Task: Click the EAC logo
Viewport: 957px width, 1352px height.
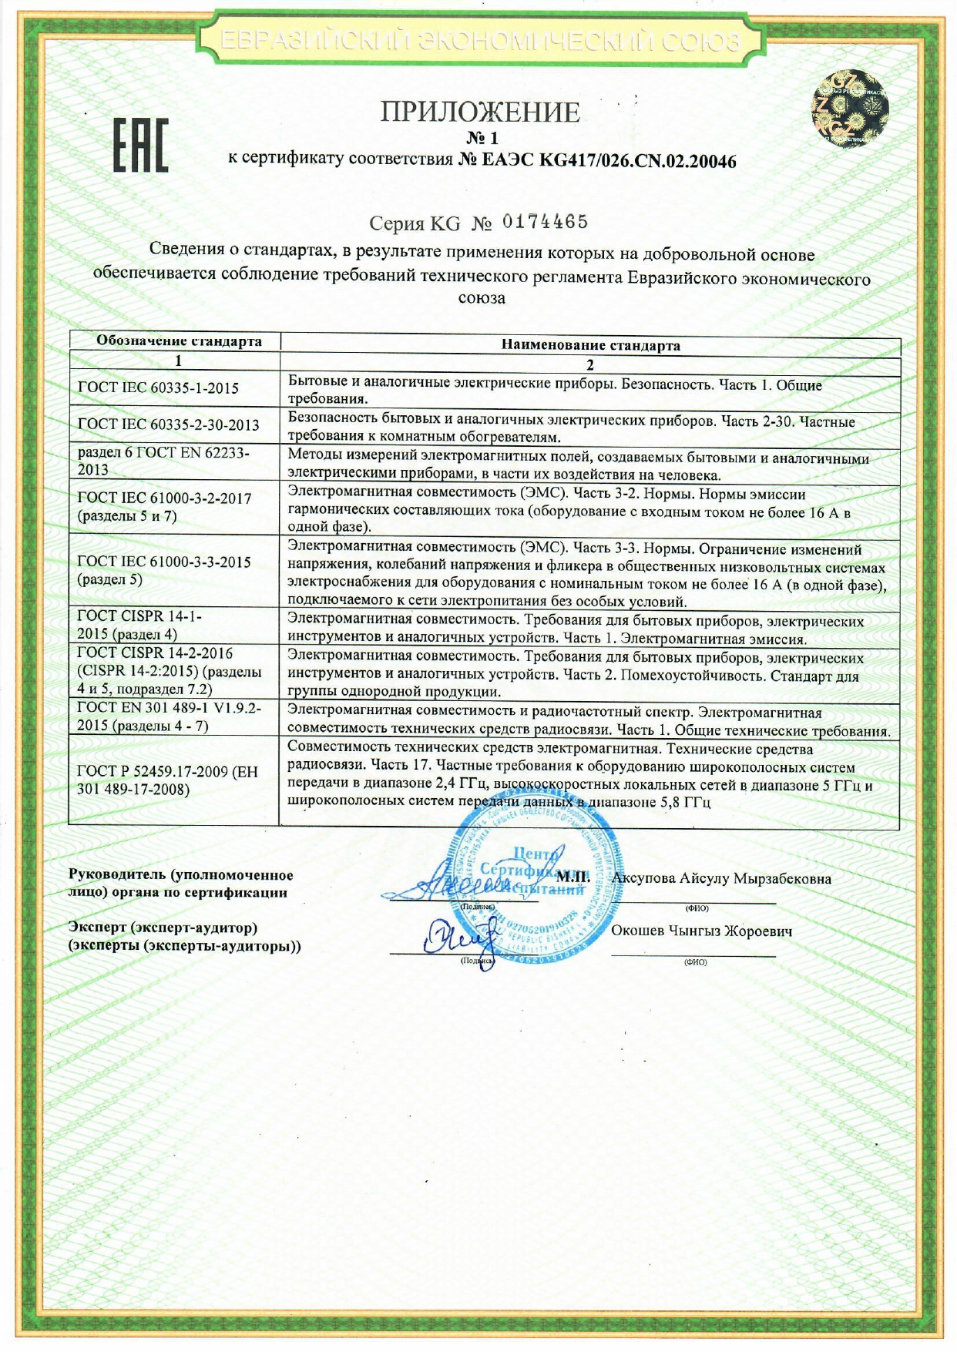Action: coord(141,146)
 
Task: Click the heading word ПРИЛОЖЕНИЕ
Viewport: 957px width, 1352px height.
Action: coord(479,112)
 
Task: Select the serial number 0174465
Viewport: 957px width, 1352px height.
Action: coord(545,223)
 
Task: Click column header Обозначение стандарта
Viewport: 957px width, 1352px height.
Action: coord(178,341)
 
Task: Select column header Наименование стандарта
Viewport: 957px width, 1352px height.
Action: coord(590,345)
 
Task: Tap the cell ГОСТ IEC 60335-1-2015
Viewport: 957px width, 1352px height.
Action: coord(159,388)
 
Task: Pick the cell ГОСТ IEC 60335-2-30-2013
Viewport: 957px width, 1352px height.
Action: coord(169,424)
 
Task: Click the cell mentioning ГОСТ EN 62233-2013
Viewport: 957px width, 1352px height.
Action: coord(163,461)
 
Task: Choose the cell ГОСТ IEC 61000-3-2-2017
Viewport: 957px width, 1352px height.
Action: coord(165,506)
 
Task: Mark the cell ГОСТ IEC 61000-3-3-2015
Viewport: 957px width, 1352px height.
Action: coord(164,570)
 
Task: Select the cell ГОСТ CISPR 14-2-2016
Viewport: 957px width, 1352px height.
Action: coord(169,671)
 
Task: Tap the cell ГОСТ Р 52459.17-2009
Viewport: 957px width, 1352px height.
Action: coord(167,780)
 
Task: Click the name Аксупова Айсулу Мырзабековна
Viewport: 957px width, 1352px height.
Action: coord(721,878)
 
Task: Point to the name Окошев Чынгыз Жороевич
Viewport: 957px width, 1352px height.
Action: coord(701,931)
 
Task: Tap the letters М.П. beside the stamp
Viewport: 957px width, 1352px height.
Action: coord(573,877)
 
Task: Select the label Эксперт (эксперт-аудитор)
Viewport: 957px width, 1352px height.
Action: coord(163,928)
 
